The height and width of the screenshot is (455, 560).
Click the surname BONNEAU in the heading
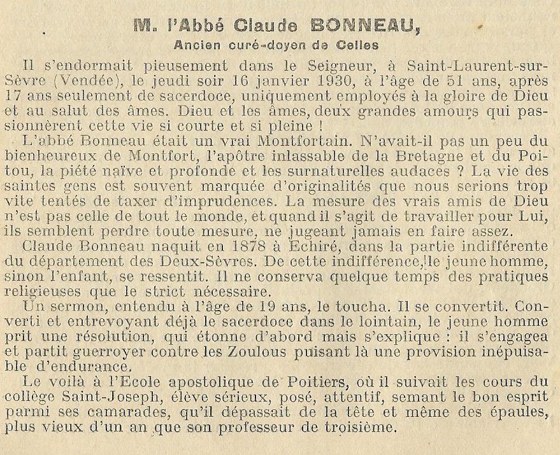pyautogui.click(x=365, y=25)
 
